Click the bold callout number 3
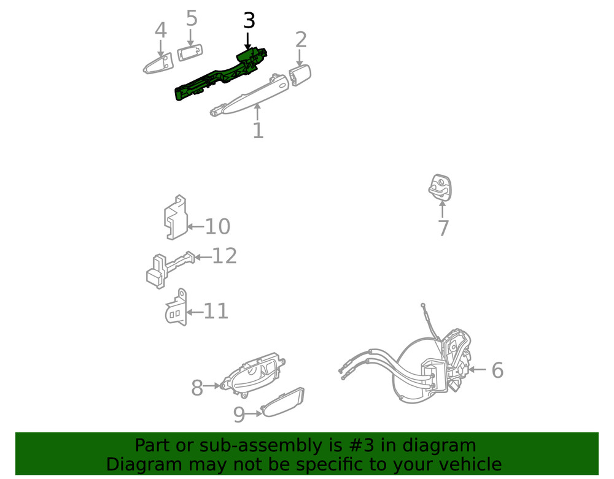pyautogui.click(x=249, y=21)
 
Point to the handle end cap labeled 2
pyautogui.click(x=300, y=75)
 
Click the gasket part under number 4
pyautogui.click(x=158, y=64)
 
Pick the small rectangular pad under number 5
pyautogui.click(x=190, y=52)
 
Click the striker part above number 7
pyautogui.click(x=440, y=187)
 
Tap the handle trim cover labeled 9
pyautogui.click(x=282, y=403)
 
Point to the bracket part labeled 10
pyautogui.click(x=175, y=217)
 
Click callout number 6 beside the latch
pyautogui.click(x=497, y=370)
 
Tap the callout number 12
pyautogui.click(x=224, y=256)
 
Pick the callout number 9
pyautogui.click(x=239, y=415)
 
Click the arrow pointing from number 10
pyautogui.click(x=195, y=226)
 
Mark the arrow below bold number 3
pyautogui.click(x=247, y=40)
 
